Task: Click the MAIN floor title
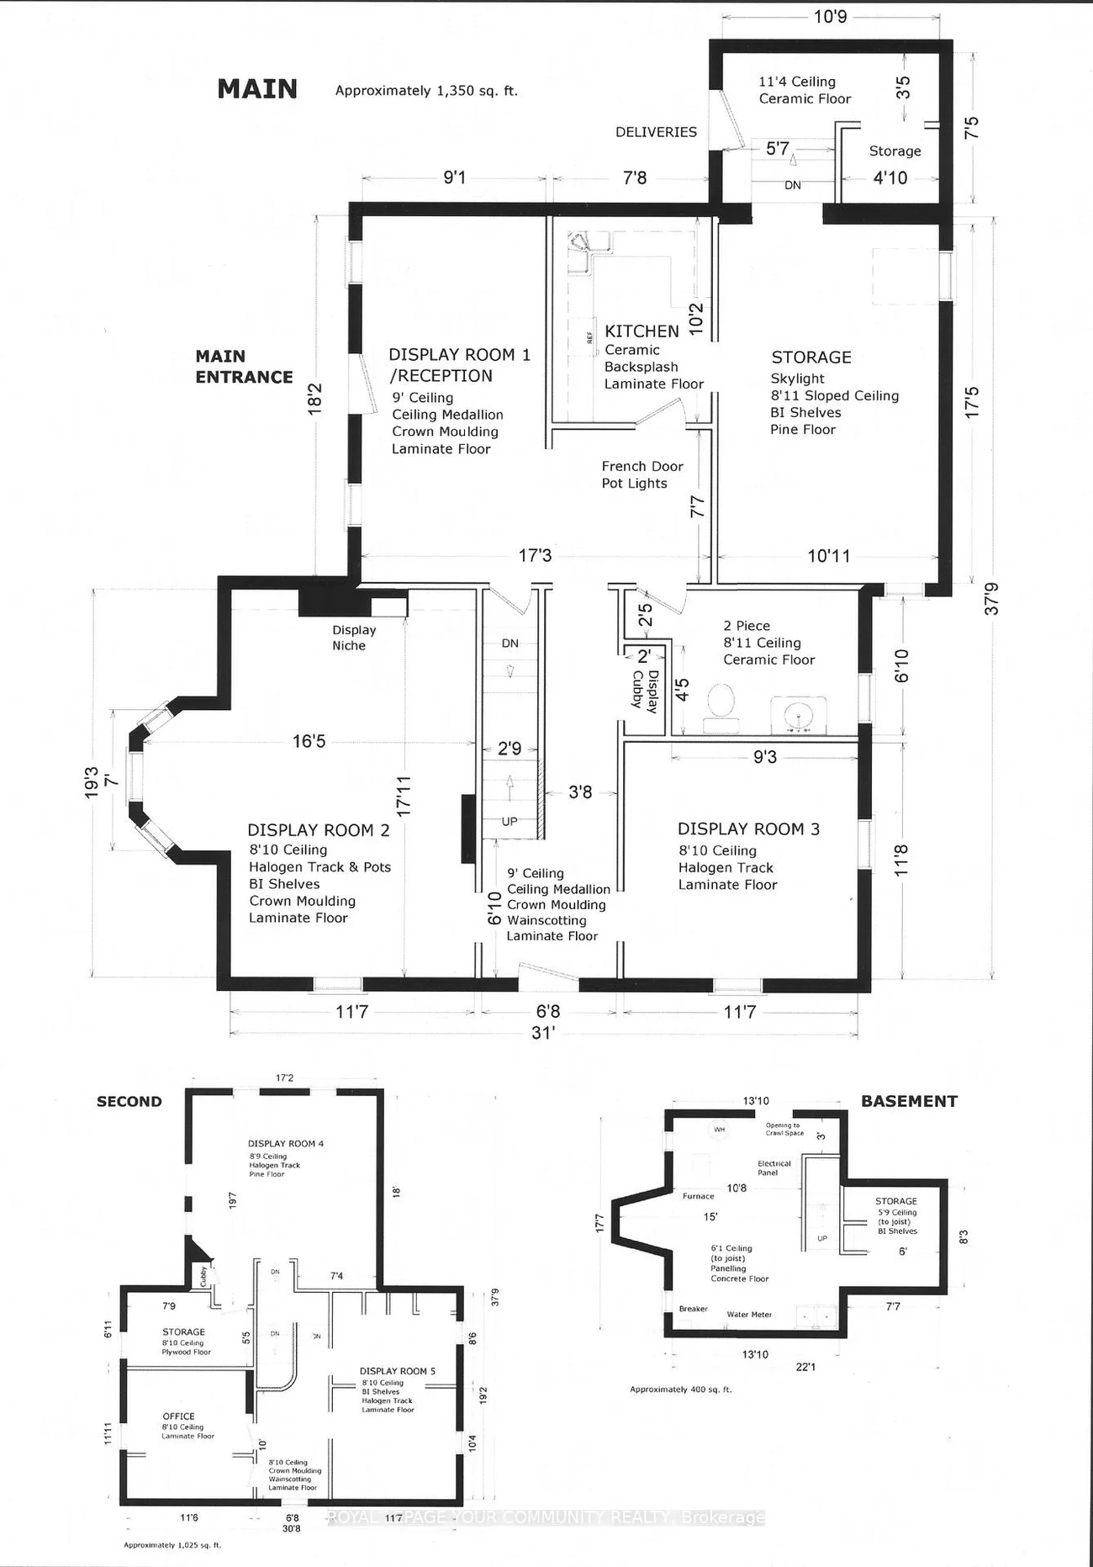click(257, 88)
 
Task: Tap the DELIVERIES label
click(656, 132)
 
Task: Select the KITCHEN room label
click(642, 331)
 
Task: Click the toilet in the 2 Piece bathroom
click(721, 702)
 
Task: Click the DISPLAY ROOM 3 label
click(748, 829)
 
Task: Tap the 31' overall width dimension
click(543, 1033)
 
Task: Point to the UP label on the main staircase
click(510, 822)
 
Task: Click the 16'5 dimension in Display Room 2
click(309, 741)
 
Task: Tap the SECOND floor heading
click(129, 1101)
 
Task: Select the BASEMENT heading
click(909, 1101)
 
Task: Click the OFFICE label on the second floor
click(178, 1416)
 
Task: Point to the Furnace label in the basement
click(698, 1196)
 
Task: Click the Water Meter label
click(749, 1315)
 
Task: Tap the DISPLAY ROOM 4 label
click(285, 1144)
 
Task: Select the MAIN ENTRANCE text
click(243, 367)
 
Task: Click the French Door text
click(642, 466)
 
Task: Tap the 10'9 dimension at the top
click(830, 16)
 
